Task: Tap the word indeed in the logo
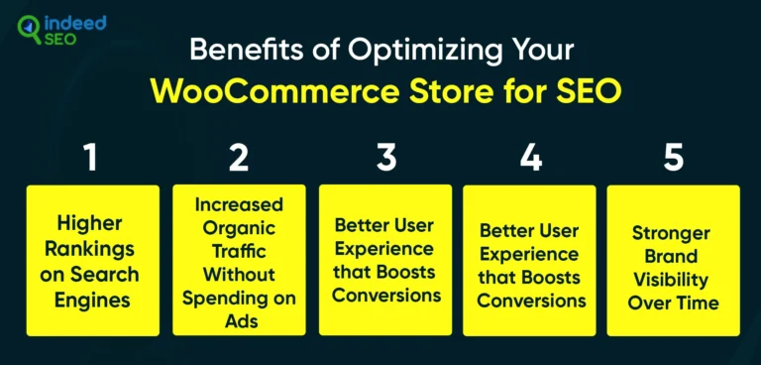click(x=75, y=21)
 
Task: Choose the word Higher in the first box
click(x=91, y=225)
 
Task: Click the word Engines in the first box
click(x=91, y=296)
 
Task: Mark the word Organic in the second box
click(x=239, y=228)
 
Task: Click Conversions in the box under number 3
click(x=384, y=296)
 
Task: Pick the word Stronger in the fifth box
click(x=674, y=233)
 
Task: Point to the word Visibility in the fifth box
click(x=674, y=279)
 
